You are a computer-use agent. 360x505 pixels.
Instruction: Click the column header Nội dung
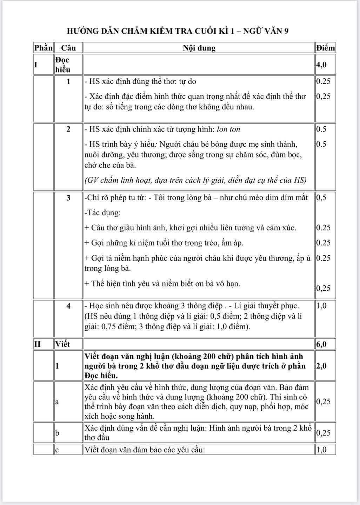click(x=199, y=48)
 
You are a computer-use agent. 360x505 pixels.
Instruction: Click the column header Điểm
click(x=325, y=48)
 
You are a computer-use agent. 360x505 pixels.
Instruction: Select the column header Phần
click(x=43, y=48)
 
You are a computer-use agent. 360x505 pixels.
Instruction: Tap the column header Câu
click(x=68, y=48)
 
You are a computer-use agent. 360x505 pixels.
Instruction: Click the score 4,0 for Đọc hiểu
click(x=321, y=65)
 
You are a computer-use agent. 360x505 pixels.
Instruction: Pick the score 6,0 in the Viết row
click(x=321, y=344)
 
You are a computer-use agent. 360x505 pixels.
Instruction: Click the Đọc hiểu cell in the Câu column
click(x=62, y=65)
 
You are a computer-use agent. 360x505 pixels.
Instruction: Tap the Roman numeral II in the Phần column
click(x=38, y=344)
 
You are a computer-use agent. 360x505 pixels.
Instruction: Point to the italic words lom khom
click(x=228, y=129)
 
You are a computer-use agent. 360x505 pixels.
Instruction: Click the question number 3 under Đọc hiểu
click(x=68, y=198)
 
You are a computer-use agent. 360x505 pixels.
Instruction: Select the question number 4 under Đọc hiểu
click(x=68, y=306)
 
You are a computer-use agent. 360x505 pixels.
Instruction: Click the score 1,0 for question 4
click(x=321, y=306)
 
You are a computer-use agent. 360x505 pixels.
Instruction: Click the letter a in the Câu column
click(x=57, y=402)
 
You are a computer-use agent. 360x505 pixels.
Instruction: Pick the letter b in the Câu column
click(x=57, y=433)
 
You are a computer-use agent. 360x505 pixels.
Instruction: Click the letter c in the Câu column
click(x=57, y=450)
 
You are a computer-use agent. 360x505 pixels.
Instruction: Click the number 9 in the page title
click(x=286, y=31)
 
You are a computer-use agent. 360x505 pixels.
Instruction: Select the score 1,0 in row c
click(x=321, y=450)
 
